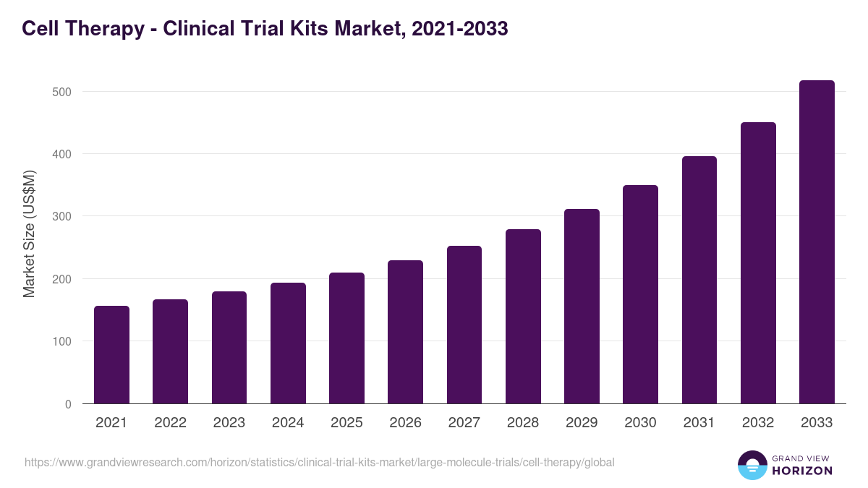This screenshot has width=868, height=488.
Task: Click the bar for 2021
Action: [x=111, y=354]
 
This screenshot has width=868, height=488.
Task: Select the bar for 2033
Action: [x=817, y=242]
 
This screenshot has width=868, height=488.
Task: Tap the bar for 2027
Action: [x=464, y=325]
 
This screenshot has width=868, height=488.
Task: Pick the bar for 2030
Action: [x=640, y=294]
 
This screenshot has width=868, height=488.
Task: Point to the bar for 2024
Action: [x=288, y=343]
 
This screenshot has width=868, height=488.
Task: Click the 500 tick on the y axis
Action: [x=62, y=92]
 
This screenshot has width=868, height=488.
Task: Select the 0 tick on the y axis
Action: [x=68, y=404]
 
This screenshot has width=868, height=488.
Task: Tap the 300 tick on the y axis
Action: [x=62, y=217]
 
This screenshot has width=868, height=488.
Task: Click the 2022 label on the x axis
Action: [x=170, y=423]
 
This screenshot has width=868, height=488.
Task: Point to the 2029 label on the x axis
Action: [x=582, y=423]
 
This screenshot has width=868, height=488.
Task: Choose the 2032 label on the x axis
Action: [x=758, y=423]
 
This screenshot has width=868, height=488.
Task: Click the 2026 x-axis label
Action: [x=405, y=423]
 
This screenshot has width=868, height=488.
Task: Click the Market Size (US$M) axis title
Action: [x=29, y=234]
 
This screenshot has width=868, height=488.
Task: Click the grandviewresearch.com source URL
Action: [x=319, y=462]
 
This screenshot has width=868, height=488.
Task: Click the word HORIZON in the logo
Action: [x=802, y=471]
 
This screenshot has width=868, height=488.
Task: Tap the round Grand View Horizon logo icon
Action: [x=752, y=465]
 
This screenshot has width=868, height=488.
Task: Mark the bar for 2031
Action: [x=699, y=280]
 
